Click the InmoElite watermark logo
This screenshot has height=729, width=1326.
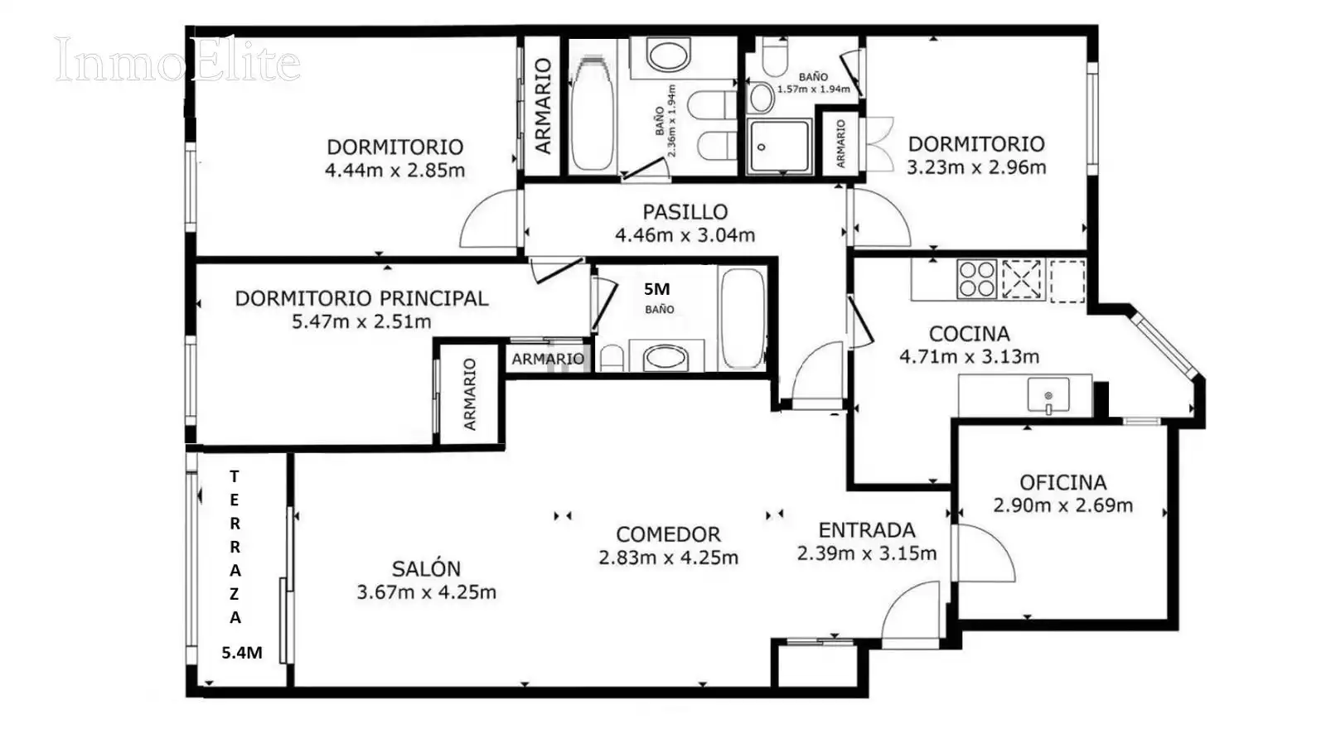177,59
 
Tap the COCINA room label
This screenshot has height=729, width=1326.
969,334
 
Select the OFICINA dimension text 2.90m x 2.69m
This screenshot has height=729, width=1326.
1063,505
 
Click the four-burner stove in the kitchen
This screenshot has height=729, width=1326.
977,278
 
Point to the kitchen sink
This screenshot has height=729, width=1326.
1048,394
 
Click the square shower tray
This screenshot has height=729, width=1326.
778,146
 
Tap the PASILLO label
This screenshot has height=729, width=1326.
685,211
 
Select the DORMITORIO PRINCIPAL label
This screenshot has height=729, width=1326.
361,298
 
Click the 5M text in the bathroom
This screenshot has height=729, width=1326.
656,289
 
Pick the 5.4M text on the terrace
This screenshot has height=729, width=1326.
242,653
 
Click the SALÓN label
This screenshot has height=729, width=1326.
426,568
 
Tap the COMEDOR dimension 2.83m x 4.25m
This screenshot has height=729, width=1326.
668,558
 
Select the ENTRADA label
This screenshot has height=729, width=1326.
867,529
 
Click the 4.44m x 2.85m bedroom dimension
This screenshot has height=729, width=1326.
394,171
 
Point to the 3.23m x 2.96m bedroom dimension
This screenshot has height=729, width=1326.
977,167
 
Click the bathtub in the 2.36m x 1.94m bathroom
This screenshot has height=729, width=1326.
592,113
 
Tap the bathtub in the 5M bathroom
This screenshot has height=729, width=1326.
743,318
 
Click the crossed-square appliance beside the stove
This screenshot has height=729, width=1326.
1022,278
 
